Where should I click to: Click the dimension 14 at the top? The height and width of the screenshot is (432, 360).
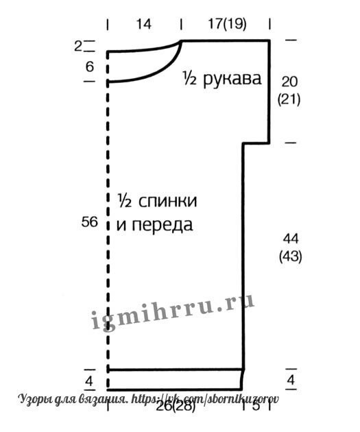144,24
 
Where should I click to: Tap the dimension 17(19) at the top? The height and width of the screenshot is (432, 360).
227,24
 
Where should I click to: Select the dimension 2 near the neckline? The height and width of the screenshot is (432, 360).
77,47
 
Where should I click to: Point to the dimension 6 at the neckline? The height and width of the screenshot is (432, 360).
90,67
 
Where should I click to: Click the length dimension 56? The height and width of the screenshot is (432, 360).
90,221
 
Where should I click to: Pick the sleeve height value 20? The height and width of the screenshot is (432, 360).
289,82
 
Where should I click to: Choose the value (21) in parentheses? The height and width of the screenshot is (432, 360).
289,99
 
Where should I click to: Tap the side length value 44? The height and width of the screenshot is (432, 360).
291,239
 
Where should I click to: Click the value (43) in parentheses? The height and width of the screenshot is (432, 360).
291,256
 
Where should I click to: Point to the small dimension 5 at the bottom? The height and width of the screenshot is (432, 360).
256,405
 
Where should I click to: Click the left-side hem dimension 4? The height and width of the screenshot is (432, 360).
89,381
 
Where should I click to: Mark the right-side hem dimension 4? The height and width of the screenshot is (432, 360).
291,380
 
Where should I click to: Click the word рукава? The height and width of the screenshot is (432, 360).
232,79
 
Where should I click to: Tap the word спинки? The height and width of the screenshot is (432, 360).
168,201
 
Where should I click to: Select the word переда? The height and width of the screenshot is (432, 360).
163,225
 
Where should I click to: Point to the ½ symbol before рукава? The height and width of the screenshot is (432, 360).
190,78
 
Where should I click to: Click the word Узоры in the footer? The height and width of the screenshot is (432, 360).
35,399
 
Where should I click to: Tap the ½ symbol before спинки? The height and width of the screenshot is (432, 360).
125,201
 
